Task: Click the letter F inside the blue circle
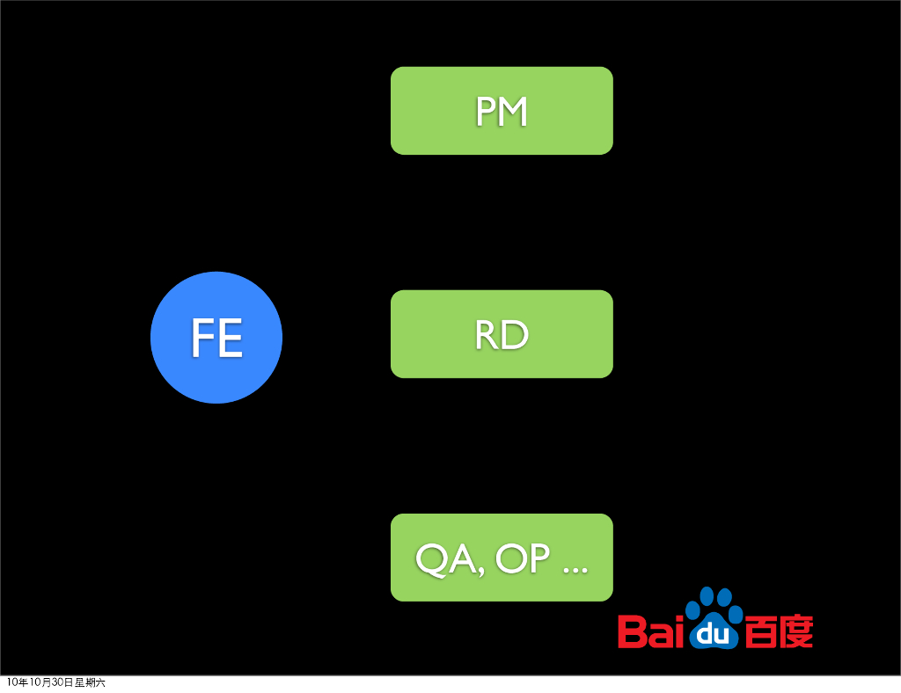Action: [x=203, y=339]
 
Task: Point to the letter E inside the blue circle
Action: [x=231, y=339]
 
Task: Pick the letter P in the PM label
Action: [x=485, y=112]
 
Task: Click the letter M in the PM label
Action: [x=512, y=112]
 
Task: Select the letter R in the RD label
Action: [x=487, y=335]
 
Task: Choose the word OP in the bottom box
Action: [x=523, y=558]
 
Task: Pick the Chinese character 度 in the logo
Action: [x=796, y=631]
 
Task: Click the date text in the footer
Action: [x=55, y=682]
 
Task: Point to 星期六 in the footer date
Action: [x=90, y=682]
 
